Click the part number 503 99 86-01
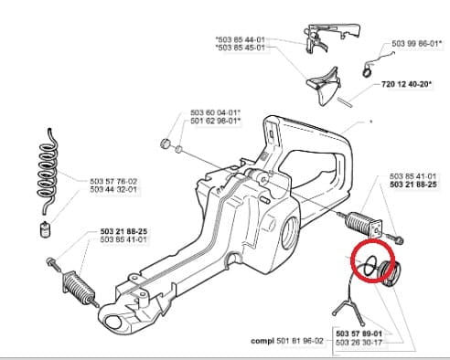[414, 44]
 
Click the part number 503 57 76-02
[113, 181]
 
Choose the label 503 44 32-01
[113, 189]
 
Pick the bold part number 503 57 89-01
[359, 334]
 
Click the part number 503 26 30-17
[359, 343]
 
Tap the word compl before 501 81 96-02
[262, 341]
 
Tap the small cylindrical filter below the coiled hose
[45, 229]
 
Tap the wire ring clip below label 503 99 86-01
[368, 69]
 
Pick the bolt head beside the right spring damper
[400, 240]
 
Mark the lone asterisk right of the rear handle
[371, 122]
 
